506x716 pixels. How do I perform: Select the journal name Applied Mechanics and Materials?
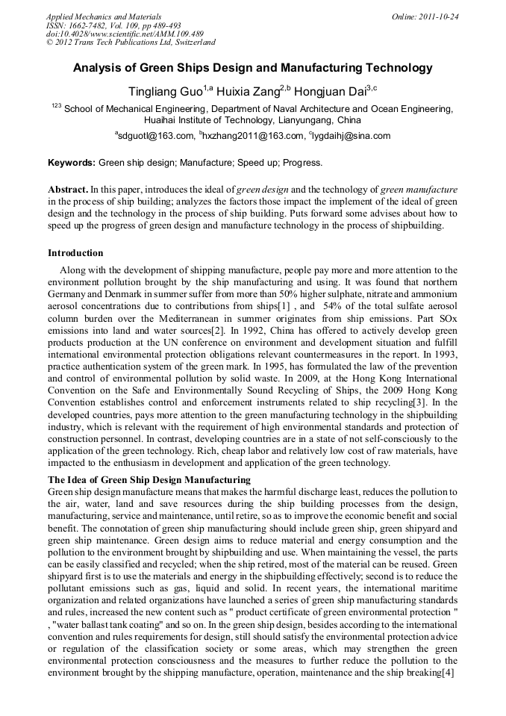pyautogui.click(x=104, y=16)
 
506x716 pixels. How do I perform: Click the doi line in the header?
pyautogui.click(x=125, y=34)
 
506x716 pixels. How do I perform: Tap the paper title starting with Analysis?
pyautogui.click(x=252, y=68)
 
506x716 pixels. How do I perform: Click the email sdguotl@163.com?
pyautogui.click(x=155, y=136)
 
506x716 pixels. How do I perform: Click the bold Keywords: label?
pyautogui.click(x=72, y=162)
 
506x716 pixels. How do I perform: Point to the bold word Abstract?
pyautogui.click(x=68, y=190)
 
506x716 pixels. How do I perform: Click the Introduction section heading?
pyautogui.click(x=75, y=253)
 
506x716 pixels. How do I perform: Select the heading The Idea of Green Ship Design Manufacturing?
pyautogui.click(x=149, y=479)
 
